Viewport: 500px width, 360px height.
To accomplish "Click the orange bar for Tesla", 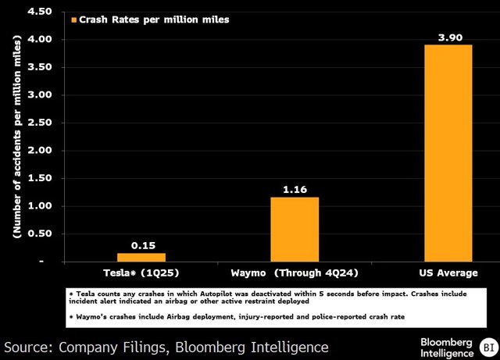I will (141, 257).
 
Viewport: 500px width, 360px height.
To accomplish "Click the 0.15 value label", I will (141, 245).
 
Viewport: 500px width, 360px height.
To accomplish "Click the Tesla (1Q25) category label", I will (141, 273).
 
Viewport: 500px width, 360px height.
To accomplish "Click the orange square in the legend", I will (75, 20).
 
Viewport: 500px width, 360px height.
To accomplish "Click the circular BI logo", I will (488, 346).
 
